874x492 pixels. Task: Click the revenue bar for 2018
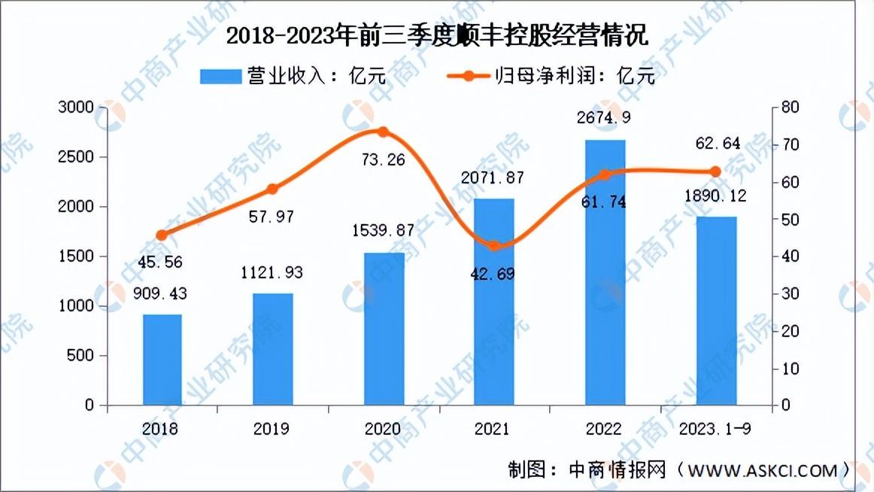pos(162,360)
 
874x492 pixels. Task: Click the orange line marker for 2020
pos(383,132)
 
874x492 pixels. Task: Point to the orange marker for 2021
pos(493,246)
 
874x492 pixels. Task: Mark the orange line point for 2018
pos(162,235)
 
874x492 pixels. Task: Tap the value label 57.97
pos(272,217)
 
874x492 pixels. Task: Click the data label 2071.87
pos(493,178)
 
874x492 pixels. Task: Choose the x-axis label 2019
pos(272,429)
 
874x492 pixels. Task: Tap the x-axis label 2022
pos(604,429)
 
